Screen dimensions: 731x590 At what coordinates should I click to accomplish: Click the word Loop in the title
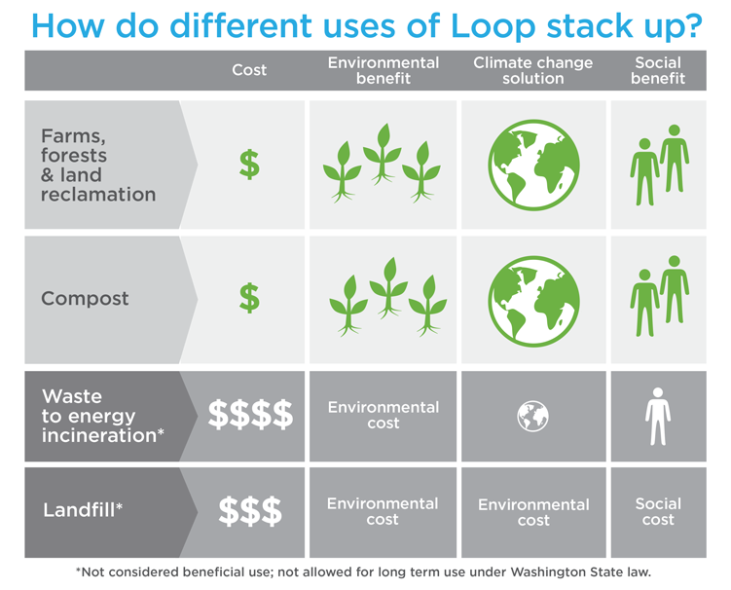click(493, 25)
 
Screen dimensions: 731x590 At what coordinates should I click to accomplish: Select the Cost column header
click(249, 70)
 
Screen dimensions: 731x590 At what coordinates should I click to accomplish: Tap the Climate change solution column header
click(532, 70)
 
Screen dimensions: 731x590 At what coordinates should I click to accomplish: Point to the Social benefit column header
click(658, 70)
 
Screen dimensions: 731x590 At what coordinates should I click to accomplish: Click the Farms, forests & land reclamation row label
click(98, 166)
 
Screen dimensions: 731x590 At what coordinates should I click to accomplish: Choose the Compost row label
click(85, 299)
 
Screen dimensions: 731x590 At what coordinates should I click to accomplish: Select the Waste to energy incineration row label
click(102, 416)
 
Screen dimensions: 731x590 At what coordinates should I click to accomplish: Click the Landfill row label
click(83, 510)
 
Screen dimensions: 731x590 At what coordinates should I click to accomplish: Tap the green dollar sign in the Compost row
click(249, 298)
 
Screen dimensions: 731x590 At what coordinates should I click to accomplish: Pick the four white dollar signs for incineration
click(250, 414)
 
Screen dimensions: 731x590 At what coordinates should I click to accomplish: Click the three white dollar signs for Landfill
click(250, 511)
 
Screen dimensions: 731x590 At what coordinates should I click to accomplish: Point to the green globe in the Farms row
click(533, 166)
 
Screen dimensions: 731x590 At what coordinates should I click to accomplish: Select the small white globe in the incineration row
click(532, 416)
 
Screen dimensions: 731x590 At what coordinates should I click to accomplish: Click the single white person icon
click(658, 417)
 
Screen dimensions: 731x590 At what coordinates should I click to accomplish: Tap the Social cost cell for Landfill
click(658, 512)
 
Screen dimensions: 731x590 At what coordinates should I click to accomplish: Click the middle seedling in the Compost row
click(388, 288)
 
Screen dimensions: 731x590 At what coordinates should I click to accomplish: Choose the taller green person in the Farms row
click(675, 159)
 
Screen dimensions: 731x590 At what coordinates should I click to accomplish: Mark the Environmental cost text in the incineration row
click(384, 415)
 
